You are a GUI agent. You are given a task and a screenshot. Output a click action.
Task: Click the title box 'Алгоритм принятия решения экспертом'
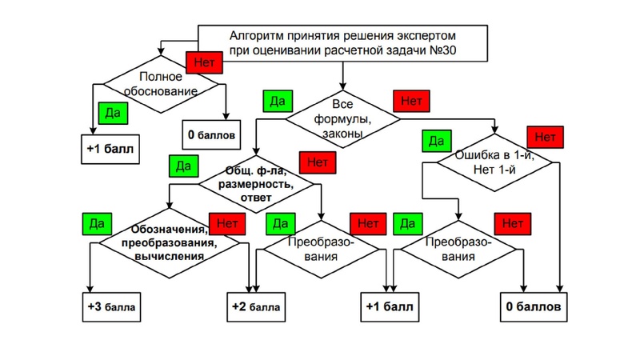344,43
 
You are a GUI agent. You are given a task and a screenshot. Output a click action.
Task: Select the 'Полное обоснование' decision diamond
164,85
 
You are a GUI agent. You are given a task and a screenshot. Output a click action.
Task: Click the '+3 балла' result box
112,306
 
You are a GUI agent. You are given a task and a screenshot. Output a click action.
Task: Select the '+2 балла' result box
256,306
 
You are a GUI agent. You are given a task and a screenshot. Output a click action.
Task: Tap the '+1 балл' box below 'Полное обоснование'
112,148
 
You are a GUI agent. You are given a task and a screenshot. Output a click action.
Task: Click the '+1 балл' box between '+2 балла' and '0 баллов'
390,306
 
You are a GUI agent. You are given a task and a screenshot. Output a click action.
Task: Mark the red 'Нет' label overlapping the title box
200,61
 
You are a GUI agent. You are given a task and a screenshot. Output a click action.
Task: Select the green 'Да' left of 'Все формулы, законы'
278,102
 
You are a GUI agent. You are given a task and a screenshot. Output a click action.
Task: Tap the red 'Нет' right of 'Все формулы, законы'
411,102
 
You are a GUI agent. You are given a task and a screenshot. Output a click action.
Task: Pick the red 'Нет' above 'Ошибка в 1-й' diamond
544,137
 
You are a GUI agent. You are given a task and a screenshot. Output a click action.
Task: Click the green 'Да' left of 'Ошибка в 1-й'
436,142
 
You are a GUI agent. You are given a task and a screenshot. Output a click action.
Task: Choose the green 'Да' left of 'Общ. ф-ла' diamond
183,166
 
